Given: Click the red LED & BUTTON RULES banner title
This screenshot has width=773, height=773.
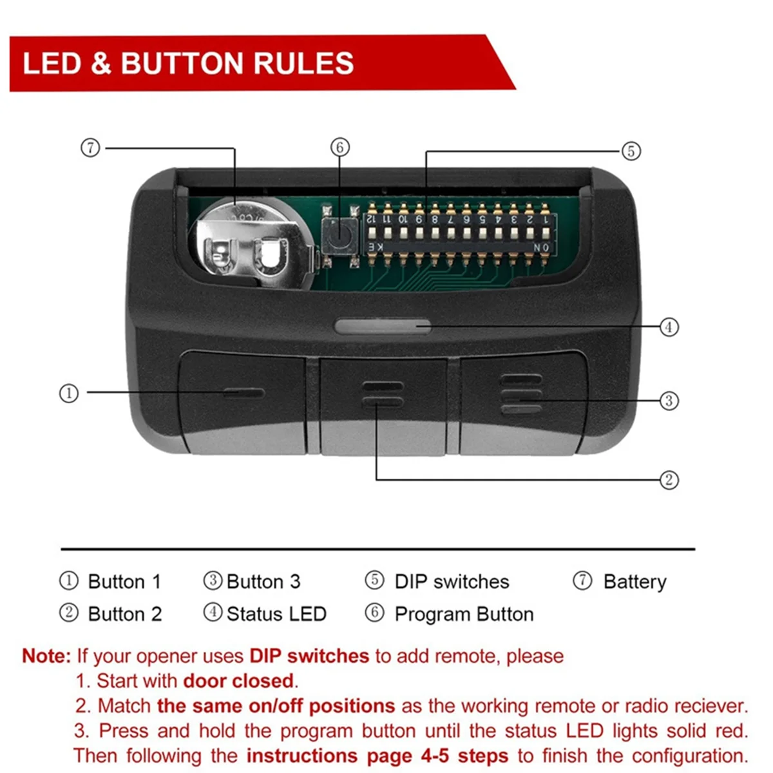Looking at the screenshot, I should click(x=188, y=63).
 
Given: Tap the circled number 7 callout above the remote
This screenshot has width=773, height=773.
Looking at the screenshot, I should click(x=90, y=148).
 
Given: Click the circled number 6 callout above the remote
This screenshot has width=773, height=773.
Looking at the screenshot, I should click(x=340, y=147).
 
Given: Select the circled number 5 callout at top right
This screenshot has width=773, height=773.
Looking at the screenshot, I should click(x=631, y=151).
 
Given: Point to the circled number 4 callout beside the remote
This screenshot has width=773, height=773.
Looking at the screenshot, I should click(x=669, y=327).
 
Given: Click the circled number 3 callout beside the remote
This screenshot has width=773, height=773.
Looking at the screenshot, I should click(x=669, y=401).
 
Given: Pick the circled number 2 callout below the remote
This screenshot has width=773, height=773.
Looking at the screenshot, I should click(x=669, y=479).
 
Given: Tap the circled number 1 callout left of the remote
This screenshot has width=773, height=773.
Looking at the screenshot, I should click(x=68, y=392).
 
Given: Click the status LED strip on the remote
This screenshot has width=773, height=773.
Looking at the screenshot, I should click(x=383, y=326).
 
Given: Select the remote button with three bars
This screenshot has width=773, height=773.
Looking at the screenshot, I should click(x=522, y=403).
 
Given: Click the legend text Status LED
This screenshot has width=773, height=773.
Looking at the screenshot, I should click(x=276, y=614).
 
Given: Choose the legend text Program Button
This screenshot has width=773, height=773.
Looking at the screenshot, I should click(x=464, y=614).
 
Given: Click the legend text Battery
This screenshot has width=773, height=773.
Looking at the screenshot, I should click(x=635, y=582).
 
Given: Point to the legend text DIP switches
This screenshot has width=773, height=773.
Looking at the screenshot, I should click(x=452, y=582).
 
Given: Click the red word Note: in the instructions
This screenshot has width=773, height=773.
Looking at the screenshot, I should click(x=46, y=656).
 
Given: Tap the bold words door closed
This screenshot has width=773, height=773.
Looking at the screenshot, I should click(x=238, y=681).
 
